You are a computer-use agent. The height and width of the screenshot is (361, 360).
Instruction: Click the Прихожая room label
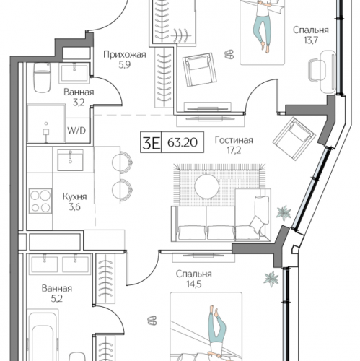point(125,55)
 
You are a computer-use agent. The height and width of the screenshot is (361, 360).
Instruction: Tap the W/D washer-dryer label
point(76,131)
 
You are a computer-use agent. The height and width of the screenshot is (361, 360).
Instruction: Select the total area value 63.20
point(183,142)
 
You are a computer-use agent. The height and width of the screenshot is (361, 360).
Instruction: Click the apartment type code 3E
point(151,142)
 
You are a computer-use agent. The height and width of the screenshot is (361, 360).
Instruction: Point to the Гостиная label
point(234,140)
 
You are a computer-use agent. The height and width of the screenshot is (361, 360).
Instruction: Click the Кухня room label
point(74,196)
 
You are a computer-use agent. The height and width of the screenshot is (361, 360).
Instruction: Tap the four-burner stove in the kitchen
point(40,201)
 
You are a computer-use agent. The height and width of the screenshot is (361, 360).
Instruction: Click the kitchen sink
point(70,160)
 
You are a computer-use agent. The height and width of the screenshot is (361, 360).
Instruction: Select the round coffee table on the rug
point(207,186)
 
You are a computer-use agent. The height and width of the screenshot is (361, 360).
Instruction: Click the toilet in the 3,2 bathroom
point(42,77)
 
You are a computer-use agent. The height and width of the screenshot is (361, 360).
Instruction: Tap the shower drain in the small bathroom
point(46,123)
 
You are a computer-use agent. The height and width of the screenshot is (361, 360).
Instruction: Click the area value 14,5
point(194,284)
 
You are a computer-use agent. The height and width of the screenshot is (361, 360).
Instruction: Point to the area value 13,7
point(311,40)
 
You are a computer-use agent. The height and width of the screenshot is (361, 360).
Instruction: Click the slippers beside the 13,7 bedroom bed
point(229,54)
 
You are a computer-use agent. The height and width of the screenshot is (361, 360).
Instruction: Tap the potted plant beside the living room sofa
point(284,213)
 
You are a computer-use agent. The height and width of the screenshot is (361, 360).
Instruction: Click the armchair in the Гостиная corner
point(294,139)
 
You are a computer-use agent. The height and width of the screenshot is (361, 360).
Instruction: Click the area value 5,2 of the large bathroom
point(57,299)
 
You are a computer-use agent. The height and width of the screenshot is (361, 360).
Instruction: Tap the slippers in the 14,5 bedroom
point(152,321)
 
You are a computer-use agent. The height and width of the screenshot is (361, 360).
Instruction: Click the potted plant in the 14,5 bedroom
point(271,279)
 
